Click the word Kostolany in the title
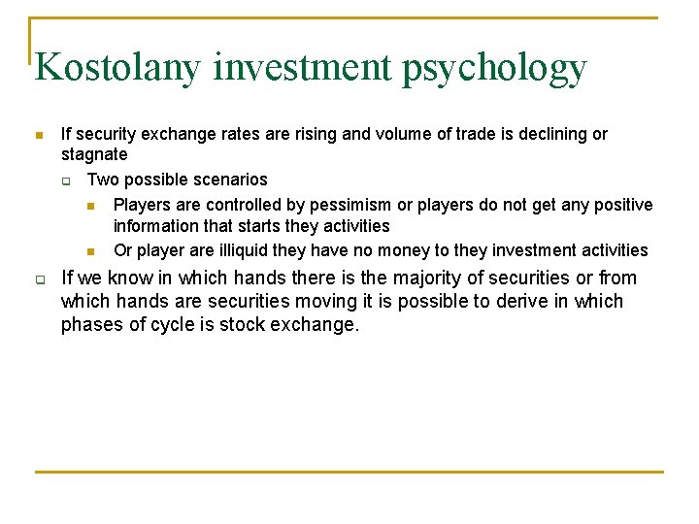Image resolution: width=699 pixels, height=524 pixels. tap(117, 68)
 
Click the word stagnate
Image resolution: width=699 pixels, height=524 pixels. tap(94, 155)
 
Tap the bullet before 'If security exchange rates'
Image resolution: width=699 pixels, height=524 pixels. tap(38, 135)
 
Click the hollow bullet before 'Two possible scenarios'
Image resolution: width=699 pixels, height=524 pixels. tap(67, 180)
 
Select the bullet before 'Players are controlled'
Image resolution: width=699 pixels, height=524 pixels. tap(91, 206)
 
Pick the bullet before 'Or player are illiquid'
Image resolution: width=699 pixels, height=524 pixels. tap(91, 251)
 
